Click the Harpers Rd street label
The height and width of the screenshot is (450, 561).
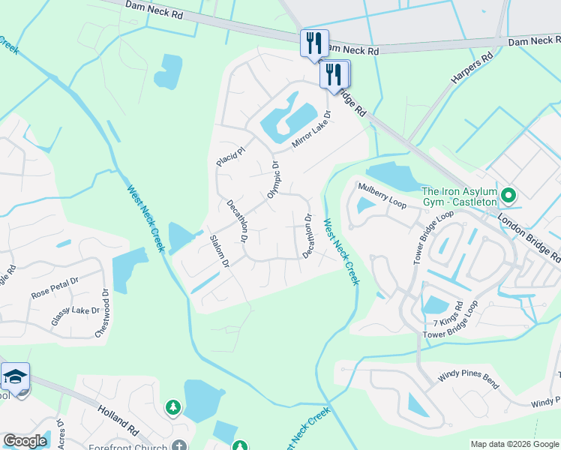472,67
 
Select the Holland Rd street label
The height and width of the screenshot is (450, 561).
118,421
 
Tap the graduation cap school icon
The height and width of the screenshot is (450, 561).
15,376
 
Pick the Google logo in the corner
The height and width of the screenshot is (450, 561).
25,441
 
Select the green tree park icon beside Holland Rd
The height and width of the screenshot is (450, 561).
173,407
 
